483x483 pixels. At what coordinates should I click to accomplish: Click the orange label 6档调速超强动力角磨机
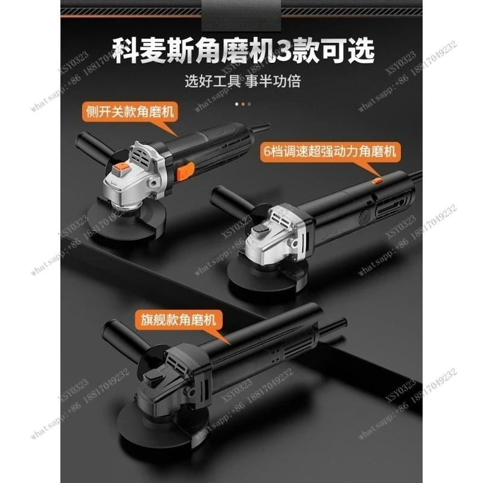(x=330, y=151)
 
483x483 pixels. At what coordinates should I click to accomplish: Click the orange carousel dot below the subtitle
(x=242, y=103)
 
